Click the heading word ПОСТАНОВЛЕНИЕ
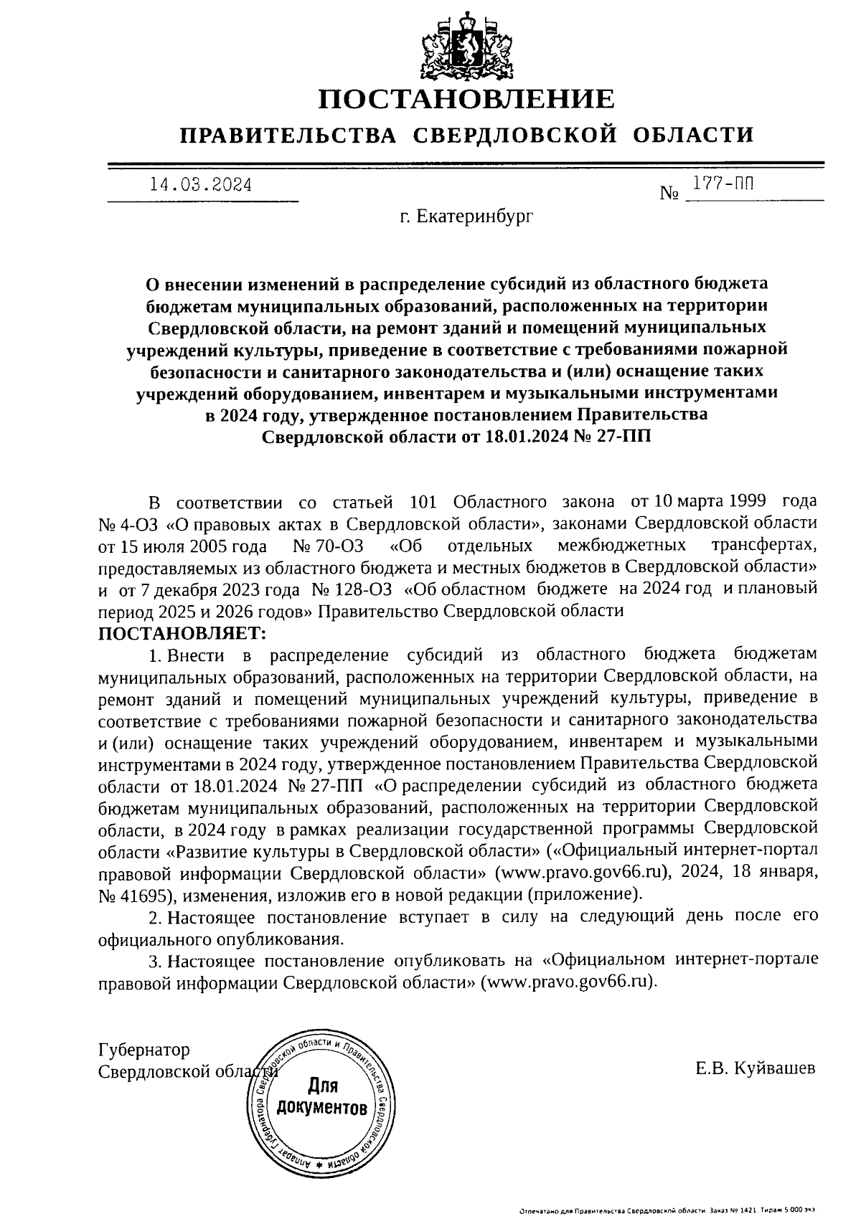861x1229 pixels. (466, 99)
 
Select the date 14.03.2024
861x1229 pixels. (200, 185)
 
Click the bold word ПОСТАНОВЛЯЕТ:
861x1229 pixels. (182, 633)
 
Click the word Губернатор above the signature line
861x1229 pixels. (144, 1050)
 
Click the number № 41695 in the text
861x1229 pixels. (131, 896)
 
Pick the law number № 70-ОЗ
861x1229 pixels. (328, 546)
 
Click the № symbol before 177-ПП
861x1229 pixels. (669, 193)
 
